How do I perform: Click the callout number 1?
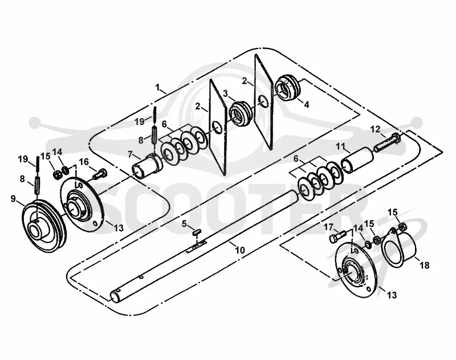coord(158,87)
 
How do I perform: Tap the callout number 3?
coord(225,94)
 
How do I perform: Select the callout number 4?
coord(307,104)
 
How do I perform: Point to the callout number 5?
coord(184,224)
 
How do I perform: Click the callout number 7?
coord(130,154)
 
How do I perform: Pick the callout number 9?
coord(13,199)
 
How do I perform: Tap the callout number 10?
coord(240,250)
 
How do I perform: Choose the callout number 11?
coord(340,146)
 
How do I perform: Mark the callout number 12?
coord(375,129)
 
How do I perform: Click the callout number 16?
coord(84,161)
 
